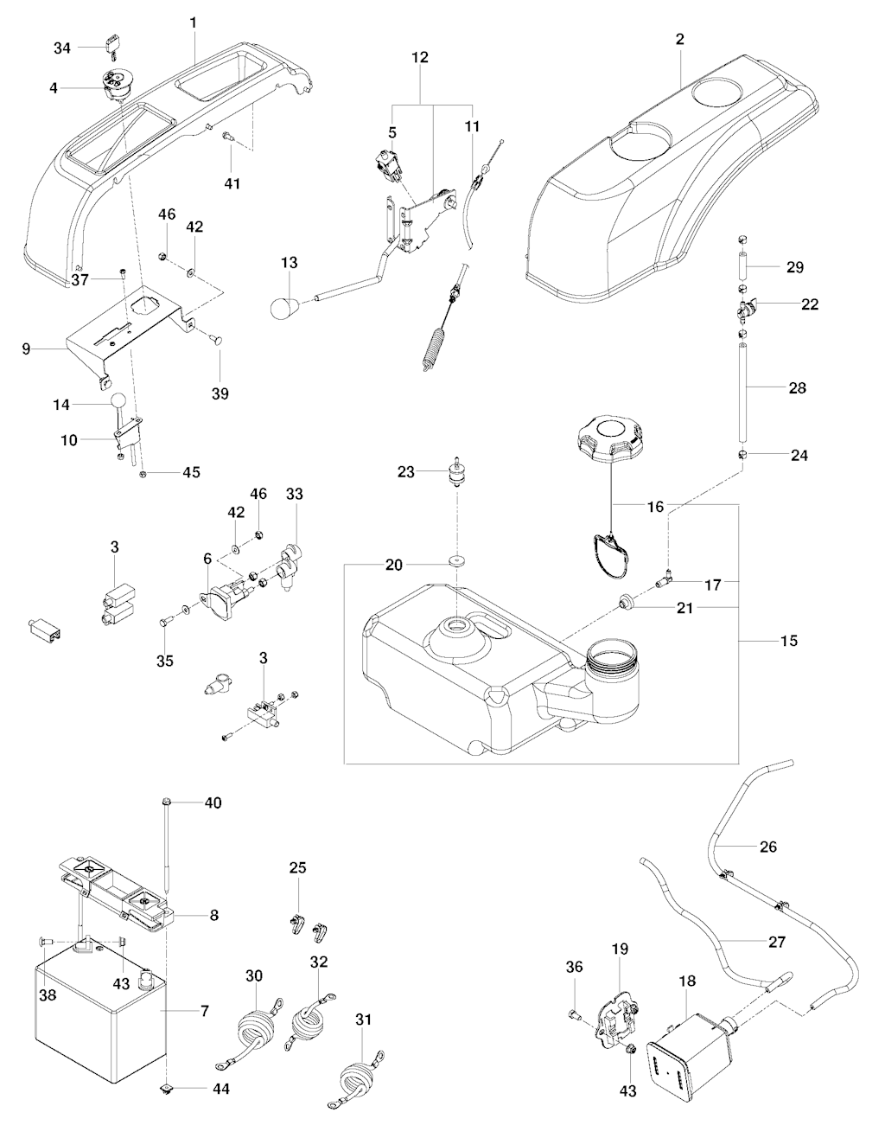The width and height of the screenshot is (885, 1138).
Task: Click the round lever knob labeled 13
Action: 285,308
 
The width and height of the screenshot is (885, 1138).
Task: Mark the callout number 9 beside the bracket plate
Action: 26,349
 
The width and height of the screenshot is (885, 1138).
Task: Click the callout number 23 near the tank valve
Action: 406,471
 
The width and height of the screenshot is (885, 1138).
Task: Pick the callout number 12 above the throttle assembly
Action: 420,56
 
